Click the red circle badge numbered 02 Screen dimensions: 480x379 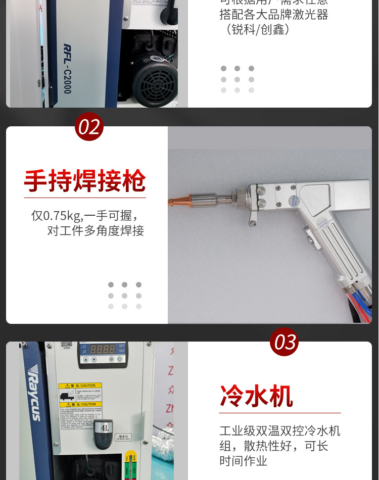[89, 127]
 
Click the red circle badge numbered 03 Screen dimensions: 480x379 [285, 343]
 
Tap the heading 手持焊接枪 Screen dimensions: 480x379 [85, 181]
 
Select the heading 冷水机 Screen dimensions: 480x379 [256, 396]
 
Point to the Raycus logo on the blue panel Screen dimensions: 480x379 [35, 392]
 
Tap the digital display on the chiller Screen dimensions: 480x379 [103, 350]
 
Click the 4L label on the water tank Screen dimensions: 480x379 [105, 427]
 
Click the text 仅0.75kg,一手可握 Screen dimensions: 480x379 [84, 216]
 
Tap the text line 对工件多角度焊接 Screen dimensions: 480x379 [96, 231]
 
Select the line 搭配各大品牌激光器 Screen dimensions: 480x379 [273, 15]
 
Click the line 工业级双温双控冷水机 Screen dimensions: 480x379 [279, 431]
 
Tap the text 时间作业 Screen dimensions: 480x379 [243, 461]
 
